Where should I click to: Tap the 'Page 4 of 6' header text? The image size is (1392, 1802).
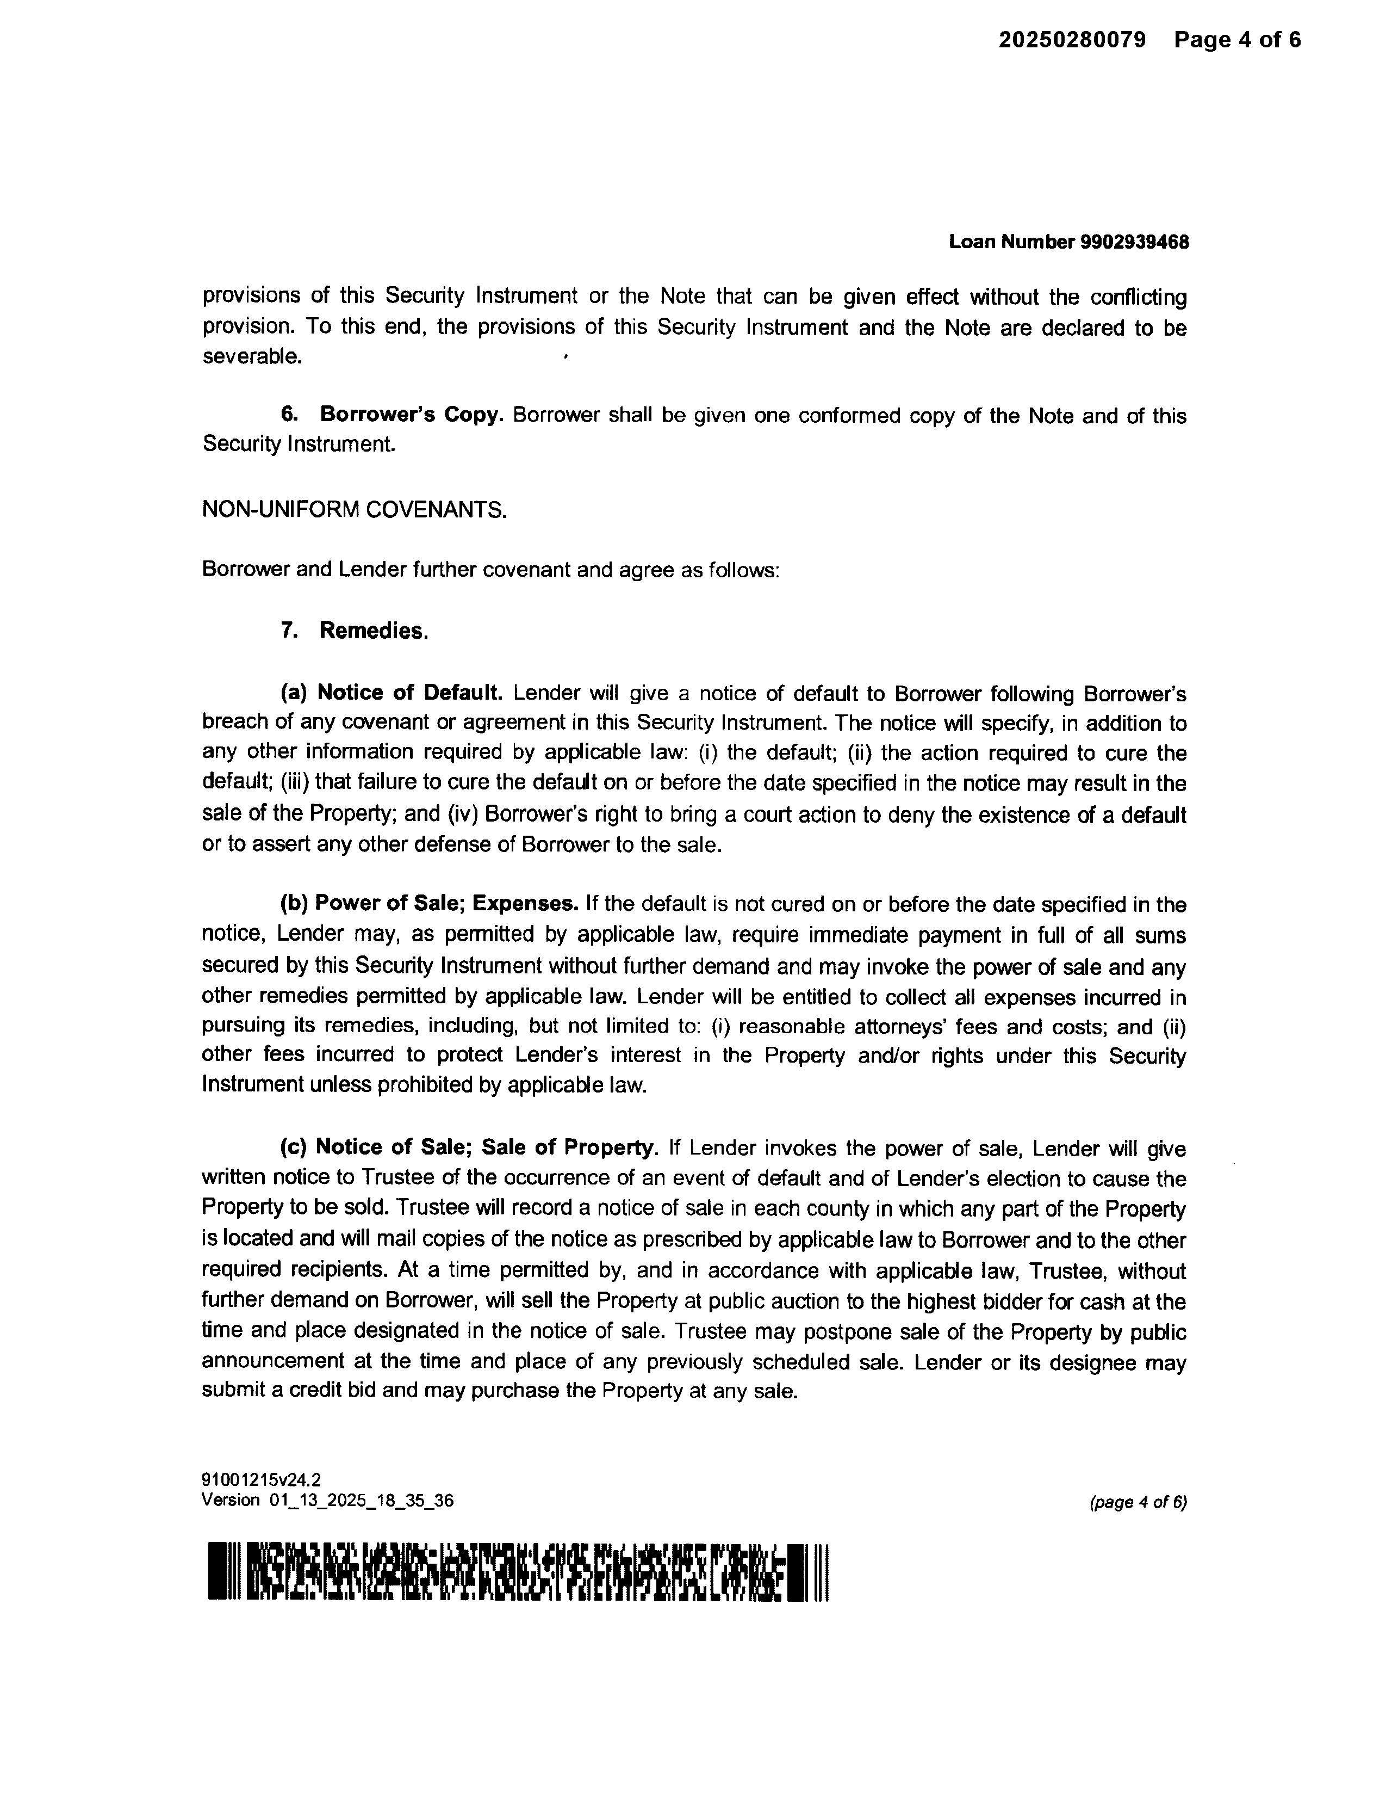coord(1237,40)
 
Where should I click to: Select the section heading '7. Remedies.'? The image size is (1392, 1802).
coord(355,631)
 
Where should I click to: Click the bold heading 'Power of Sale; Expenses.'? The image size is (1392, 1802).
coord(446,904)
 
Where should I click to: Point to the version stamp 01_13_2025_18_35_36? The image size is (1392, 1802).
coord(361,1500)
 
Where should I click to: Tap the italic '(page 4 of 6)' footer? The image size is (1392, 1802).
coord(1138,1503)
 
